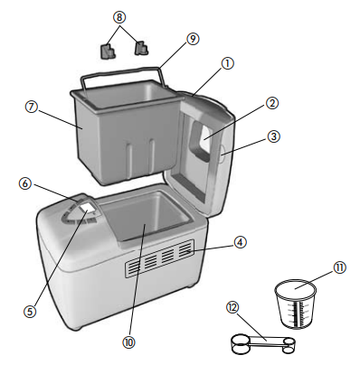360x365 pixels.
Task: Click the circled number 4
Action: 240,242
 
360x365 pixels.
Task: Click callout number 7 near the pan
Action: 33,107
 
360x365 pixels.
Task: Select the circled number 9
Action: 192,39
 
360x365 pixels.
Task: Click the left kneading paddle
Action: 108,51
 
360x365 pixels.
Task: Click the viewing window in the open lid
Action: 204,136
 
